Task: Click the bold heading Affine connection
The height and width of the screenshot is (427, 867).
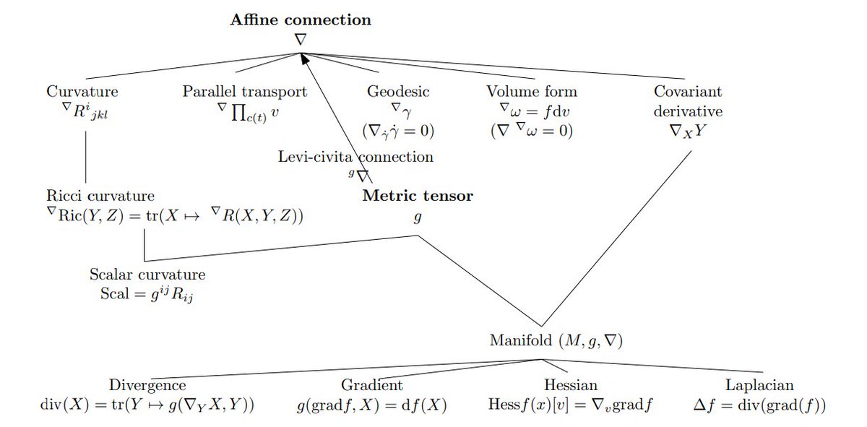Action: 301,20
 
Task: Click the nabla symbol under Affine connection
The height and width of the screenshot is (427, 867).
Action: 301,40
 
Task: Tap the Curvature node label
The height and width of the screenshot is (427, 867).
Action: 82,92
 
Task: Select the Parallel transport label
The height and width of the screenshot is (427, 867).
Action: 245,92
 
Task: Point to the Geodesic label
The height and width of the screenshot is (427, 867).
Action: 398,92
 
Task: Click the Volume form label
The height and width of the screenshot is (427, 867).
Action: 532,92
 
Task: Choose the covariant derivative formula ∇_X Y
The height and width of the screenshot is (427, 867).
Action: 688,132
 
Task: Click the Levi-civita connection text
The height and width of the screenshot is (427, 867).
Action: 356,157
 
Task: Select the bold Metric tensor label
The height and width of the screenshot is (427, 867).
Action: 418,196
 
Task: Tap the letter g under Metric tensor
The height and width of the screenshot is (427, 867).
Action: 418,216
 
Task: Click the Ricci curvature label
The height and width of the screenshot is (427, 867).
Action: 100,196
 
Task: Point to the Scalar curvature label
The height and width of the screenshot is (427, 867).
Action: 147,275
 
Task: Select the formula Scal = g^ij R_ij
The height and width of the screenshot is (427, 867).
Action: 147,295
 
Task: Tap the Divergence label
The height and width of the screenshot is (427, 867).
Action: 147,385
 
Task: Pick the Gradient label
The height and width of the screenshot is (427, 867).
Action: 372,385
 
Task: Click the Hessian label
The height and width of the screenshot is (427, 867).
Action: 571,385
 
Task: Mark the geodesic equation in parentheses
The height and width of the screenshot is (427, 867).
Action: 398,132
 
